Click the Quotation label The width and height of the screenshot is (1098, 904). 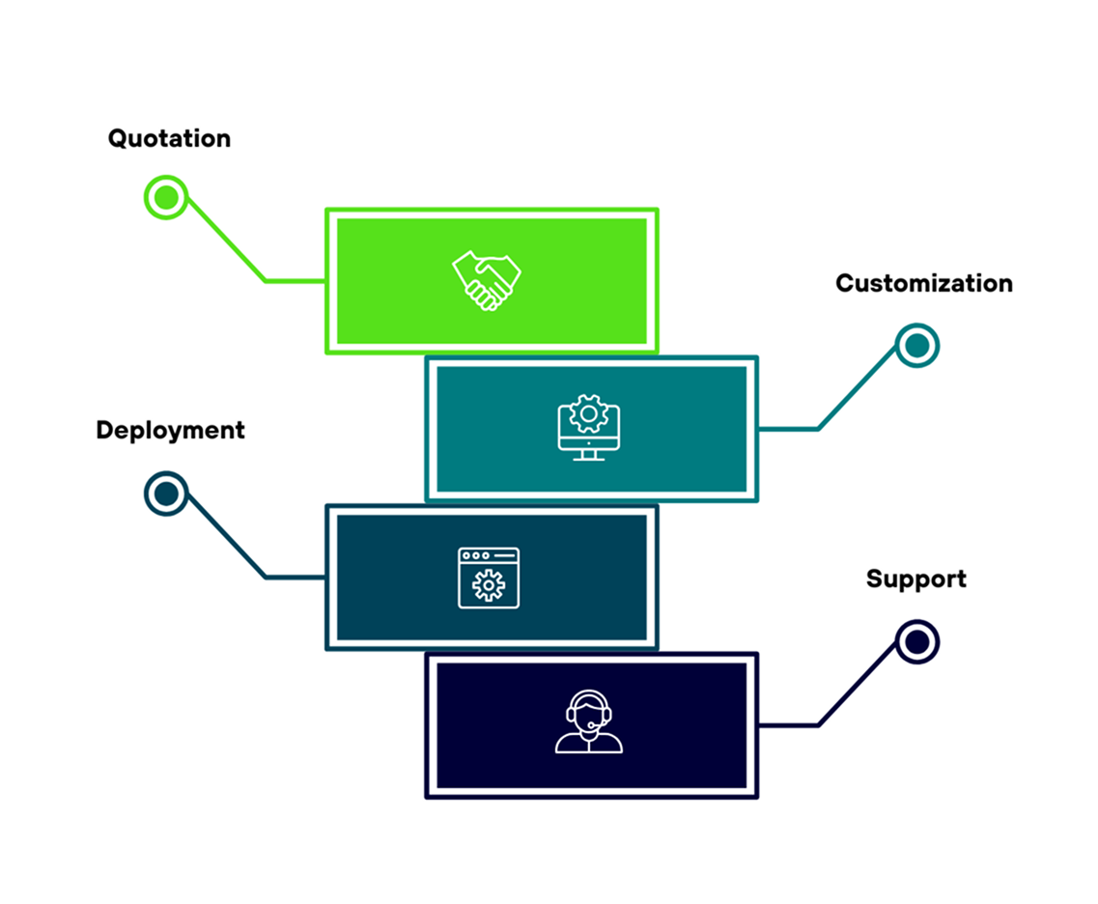click(x=169, y=138)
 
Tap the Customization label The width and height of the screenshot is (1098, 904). click(x=923, y=283)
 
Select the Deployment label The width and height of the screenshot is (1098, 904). click(x=170, y=430)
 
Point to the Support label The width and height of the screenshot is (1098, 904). click(x=915, y=579)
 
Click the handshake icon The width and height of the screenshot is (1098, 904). click(x=487, y=280)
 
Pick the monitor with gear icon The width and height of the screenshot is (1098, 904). click(x=588, y=428)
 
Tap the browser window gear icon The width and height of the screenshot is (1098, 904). click(x=488, y=578)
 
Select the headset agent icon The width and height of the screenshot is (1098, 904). click(x=588, y=722)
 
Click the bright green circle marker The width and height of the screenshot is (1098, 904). click(x=166, y=197)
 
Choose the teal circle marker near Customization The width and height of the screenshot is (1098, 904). click(x=916, y=345)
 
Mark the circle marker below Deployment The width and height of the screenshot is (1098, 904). click(x=166, y=494)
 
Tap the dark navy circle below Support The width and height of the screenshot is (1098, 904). click(x=916, y=641)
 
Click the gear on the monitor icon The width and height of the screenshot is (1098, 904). click(x=587, y=414)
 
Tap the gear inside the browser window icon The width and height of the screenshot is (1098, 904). click(x=489, y=585)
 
